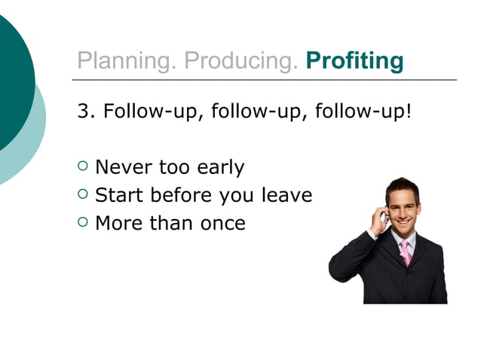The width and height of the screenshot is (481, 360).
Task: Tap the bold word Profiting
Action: (x=354, y=61)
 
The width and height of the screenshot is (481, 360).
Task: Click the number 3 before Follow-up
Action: (x=83, y=112)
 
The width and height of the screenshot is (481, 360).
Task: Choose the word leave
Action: (x=286, y=195)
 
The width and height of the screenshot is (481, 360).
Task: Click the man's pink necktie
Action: (x=406, y=252)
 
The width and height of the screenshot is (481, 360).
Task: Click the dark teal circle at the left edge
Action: (x=11, y=83)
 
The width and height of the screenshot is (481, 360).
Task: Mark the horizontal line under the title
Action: (x=264, y=79)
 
